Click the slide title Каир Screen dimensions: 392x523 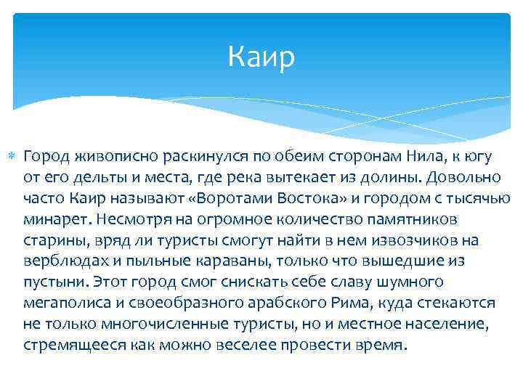261,57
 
